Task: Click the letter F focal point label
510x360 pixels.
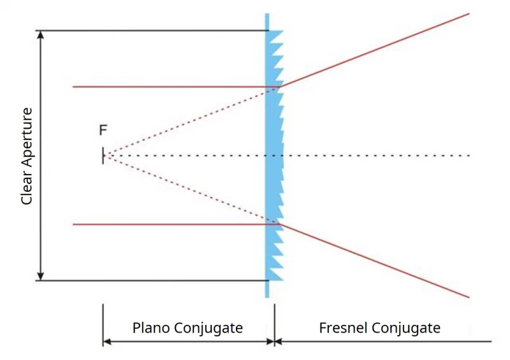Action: coord(103,130)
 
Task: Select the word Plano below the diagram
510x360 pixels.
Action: coord(151,328)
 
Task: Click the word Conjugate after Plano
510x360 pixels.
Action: coord(208,328)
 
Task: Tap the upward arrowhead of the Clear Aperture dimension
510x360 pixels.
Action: coord(40,34)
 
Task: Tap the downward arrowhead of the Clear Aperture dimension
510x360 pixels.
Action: coord(40,276)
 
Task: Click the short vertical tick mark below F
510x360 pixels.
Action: coord(103,155)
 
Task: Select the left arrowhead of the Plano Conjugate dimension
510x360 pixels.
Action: coord(107,342)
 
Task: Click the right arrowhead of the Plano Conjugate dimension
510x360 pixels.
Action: coord(270,342)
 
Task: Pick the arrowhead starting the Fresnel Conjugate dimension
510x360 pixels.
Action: coord(279,342)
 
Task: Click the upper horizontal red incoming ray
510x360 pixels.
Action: coord(176,87)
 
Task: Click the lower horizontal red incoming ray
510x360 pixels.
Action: coord(176,224)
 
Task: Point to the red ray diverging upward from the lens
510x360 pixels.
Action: coord(374,50)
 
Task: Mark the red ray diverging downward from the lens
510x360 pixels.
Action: coord(374,261)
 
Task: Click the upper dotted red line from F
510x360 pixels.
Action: coord(191,121)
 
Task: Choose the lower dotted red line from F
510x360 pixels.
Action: coord(191,190)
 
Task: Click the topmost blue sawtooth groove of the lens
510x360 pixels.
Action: coord(274,36)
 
